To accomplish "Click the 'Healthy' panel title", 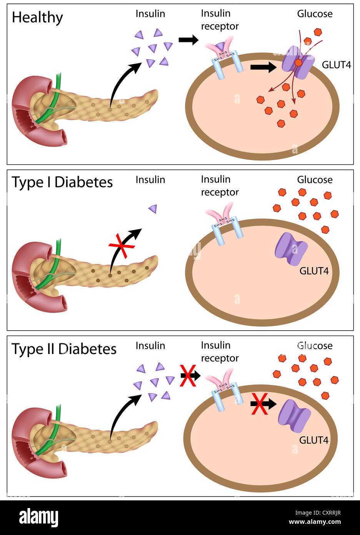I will [x=37, y=18].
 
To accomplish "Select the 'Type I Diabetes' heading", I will [x=62, y=182].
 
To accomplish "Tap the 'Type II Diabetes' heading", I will [x=64, y=349].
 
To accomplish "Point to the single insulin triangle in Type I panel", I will [x=153, y=209].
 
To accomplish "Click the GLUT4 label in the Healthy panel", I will [x=336, y=65].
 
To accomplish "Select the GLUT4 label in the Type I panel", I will [x=314, y=271].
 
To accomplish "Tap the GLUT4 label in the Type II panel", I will [x=313, y=440].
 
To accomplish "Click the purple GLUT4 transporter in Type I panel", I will [x=291, y=249].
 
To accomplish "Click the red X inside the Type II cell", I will [x=260, y=404].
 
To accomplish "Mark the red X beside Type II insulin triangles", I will [x=188, y=376].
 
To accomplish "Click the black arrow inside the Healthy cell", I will [x=263, y=67].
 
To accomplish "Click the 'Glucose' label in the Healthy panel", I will [x=315, y=14].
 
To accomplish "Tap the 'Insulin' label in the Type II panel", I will [x=150, y=346].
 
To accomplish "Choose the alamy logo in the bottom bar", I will [x=38, y=518].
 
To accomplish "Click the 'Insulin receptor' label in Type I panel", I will [x=220, y=186].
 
